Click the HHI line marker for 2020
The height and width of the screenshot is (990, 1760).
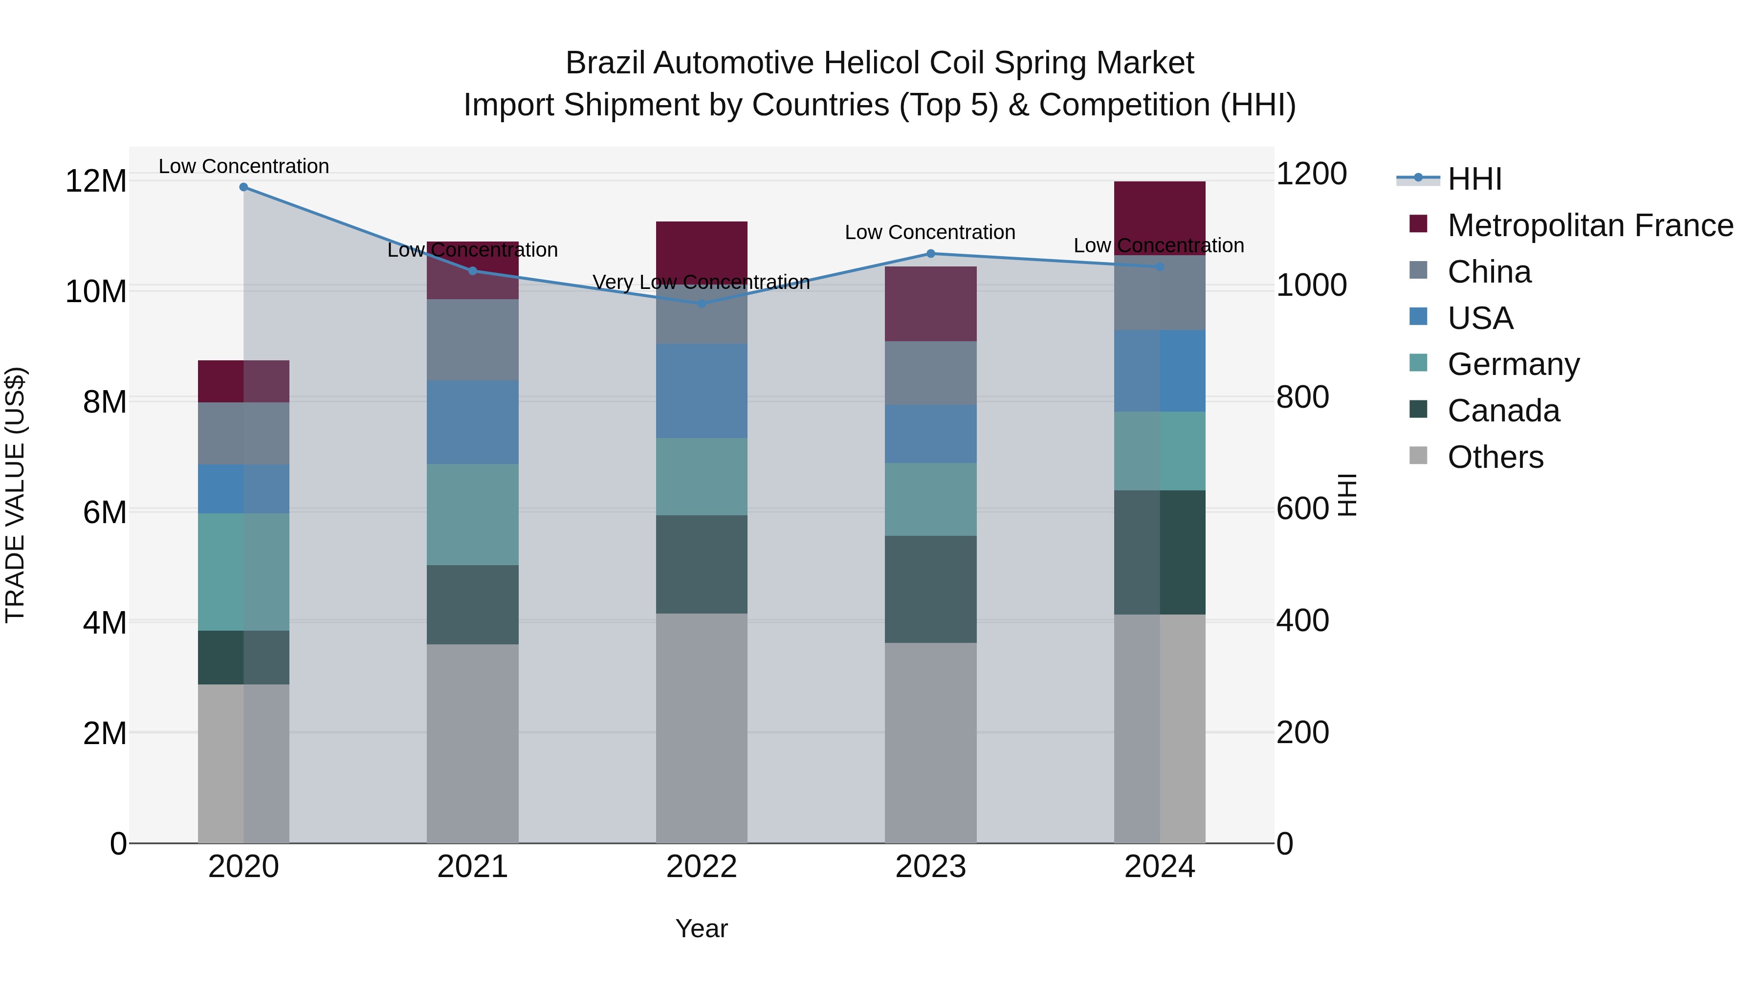[x=243, y=187]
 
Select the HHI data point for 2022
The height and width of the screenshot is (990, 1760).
[x=701, y=303]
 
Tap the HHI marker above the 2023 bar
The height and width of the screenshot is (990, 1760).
[x=930, y=253]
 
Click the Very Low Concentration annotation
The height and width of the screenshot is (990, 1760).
[x=701, y=282]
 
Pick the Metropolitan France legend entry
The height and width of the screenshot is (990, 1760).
[x=1589, y=225]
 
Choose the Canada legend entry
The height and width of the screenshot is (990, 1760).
[x=1503, y=411]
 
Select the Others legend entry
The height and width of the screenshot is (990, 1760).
[x=1495, y=457]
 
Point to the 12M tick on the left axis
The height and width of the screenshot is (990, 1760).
[x=96, y=181]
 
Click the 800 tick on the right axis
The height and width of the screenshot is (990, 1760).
[x=1301, y=397]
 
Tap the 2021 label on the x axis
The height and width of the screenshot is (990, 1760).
[x=472, y=867]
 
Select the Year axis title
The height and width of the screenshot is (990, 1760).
[x=701, y=928]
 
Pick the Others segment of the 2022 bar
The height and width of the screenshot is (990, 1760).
[x=701, y=727]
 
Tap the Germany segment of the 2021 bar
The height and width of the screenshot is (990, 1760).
[x=472, y=514]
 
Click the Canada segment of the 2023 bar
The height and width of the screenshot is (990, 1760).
[x=930, y=589]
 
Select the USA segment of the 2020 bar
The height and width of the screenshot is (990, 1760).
[x=243, y=488]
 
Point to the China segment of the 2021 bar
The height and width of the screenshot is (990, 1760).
[x=472, y=340]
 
